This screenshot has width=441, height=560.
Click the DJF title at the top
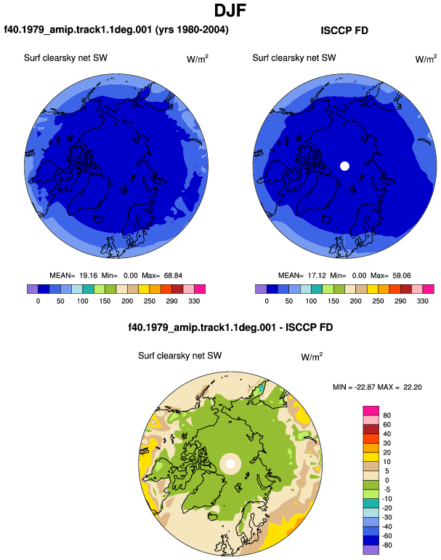[230, 10]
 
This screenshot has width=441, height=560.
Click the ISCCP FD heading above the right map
[344, 31]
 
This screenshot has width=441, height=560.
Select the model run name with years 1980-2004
[116, 29]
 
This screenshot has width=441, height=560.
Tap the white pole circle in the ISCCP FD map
[344, 166]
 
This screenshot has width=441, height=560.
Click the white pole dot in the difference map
[230, 464]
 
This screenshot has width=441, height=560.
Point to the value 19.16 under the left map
[88, 276]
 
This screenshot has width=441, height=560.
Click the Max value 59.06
[401, 276]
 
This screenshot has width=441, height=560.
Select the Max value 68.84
[173, 276]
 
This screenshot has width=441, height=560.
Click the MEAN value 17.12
[317, 276]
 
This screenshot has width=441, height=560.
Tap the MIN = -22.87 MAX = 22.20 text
[377, 387]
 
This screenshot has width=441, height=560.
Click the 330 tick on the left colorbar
[194, 301]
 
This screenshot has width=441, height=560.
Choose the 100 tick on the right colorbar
[311, 301]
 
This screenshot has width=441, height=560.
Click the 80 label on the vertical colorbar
[387, 415]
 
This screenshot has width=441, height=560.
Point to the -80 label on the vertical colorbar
[386, 545]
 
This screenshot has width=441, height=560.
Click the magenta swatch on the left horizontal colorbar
[200, 289]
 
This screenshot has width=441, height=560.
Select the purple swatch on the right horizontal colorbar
[261, 289]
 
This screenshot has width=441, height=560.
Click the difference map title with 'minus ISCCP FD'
[230, 327]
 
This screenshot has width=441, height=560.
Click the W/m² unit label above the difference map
[312, 356]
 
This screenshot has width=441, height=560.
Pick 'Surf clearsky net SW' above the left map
[65, 58]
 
